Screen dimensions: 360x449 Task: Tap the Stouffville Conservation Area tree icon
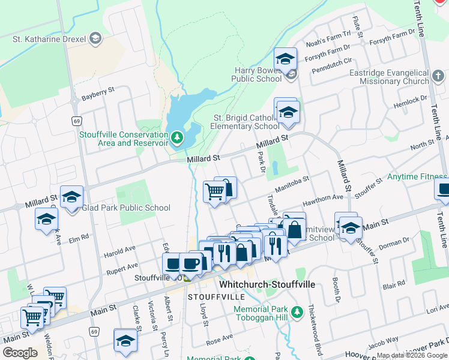(177, 139)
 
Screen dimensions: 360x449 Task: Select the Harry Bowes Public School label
(258, 74)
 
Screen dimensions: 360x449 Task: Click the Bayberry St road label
(98, 94)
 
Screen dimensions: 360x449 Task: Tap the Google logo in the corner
(20, 353)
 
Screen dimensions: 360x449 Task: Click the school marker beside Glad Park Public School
(72, 199)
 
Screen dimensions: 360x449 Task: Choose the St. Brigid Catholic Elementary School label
(245, 122)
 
